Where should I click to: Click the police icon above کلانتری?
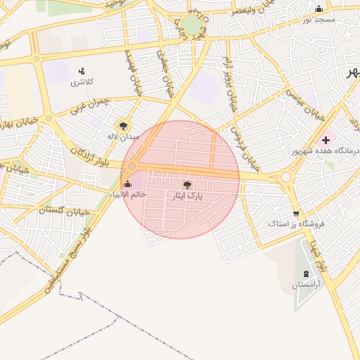(82, 71)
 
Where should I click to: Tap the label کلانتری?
(81, 83)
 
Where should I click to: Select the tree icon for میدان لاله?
(124, 126)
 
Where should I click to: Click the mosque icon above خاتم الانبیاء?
(127, 184)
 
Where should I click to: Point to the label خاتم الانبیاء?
(128, 194)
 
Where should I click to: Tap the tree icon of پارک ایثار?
(186, 184)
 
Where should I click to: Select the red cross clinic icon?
(326, 140)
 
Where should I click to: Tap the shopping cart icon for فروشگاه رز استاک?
(296, 214)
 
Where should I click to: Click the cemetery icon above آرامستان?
(305, 274)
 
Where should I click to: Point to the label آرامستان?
(306, 285)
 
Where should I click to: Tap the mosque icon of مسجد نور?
(319, 9)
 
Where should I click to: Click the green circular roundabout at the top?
(191, 26)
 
